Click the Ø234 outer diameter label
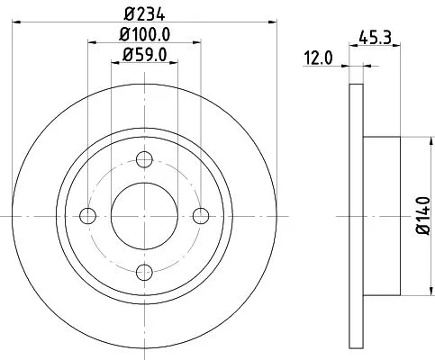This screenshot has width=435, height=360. [144, 13]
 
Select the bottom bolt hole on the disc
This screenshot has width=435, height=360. [144, 271]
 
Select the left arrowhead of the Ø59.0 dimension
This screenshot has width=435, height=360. [114, 62]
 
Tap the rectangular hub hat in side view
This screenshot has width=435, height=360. [380, 215]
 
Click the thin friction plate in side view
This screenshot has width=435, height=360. [354, 215]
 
